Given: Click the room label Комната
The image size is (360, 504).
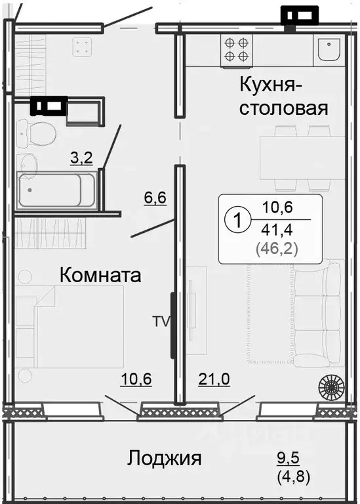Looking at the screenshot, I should click(x=100, y=275).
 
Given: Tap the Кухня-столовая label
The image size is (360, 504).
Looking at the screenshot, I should click(x=283, y=96).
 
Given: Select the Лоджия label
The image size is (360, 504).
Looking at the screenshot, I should click(x=165, y=457).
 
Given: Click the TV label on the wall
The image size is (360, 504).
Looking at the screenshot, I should click(x=161, y=322).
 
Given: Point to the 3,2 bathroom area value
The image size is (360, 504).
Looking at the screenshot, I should click(x=81, y=157).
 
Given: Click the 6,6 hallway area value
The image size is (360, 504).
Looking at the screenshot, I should click(x=155, y=196).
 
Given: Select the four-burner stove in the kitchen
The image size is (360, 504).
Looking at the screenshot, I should click(x=236, y=49).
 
